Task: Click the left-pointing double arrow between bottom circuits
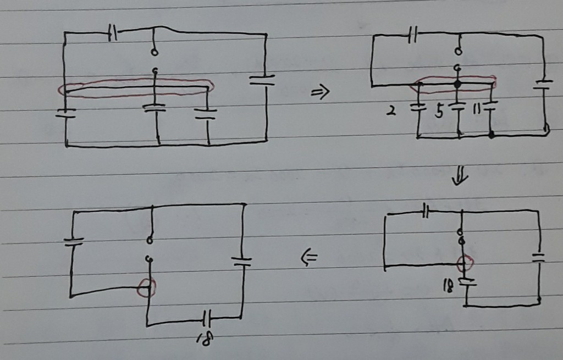[x=311, y=256]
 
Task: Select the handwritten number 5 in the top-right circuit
[x=439, y=113]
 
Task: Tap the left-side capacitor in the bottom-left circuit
[x=74, y=241]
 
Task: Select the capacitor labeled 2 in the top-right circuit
[x=418, y=107]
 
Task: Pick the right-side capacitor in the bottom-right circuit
[x=539, y=257]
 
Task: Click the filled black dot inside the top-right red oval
[x=456, y=85]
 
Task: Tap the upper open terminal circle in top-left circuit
[x=154, y=53]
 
